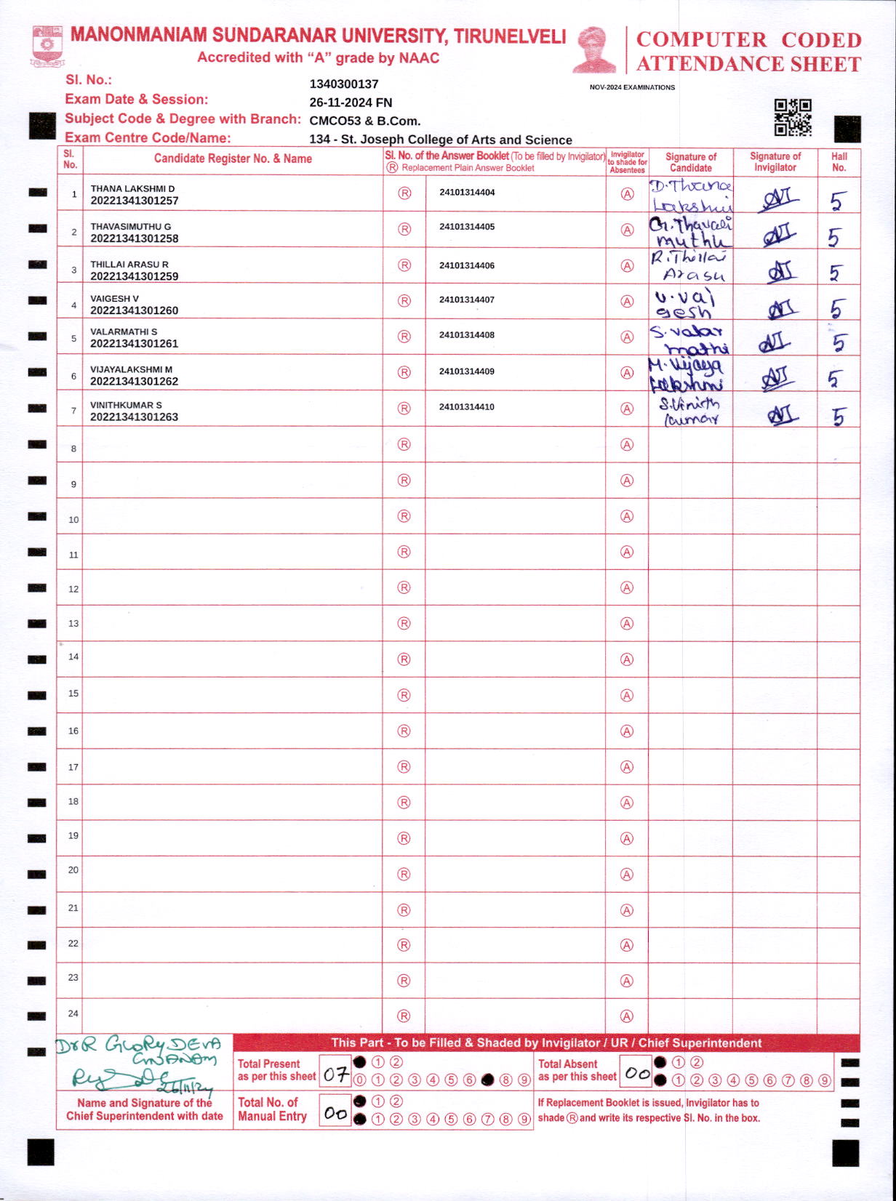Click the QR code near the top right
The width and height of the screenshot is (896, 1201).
[792, 117]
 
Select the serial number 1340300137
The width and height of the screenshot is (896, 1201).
[344, 84]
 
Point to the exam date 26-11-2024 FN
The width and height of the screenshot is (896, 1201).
[351, 103]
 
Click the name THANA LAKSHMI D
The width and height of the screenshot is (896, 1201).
[132, 189]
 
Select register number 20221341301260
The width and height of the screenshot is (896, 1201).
[134, 310]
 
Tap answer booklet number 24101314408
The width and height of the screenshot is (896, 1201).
[467, 335]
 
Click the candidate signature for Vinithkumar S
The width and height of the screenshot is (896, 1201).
[689, 411]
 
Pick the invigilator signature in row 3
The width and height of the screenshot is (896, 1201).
[780, 271]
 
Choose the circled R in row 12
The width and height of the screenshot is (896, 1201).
[404, 587]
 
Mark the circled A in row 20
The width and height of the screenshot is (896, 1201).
[626, 875]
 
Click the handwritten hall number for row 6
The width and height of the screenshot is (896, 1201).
[835, 379]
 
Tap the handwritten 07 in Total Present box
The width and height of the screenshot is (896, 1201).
[335, 1074]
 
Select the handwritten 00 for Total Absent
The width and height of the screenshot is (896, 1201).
[637, 1073]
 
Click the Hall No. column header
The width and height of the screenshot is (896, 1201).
[839, 161]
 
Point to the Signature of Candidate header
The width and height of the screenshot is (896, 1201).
[690, 161]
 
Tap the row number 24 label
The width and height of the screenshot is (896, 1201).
[73, 1013]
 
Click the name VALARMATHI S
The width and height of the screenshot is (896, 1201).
[124, 332]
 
